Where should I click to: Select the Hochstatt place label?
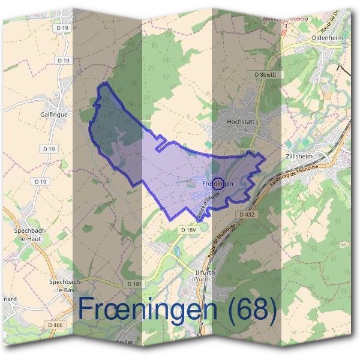[240, 121]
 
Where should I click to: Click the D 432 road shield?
[247, 214]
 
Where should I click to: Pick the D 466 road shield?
[55, 325]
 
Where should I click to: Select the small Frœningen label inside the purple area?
[217, 184]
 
